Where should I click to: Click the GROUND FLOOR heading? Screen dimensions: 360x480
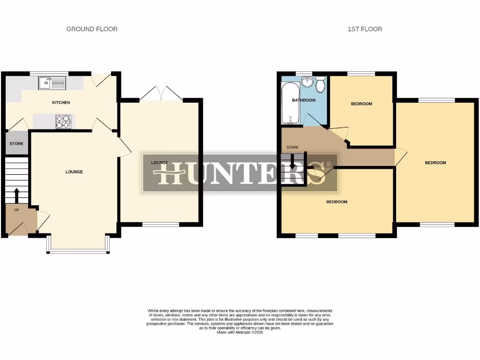click(x=92, y=29)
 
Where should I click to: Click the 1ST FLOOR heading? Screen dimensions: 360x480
click(x=365, y=29)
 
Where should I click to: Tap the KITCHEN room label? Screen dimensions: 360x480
click(x=61, y=103)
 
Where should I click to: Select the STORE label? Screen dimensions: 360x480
click(x=16, y=144)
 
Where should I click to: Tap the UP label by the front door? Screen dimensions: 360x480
click(x=16, y=210)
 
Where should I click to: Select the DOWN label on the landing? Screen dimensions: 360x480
click(x=292, y=148)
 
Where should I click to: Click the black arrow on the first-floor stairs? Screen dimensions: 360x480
click(x=292, y=163)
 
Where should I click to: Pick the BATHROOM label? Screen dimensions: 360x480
click(x=304, y=100)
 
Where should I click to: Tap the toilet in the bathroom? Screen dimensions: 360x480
click(x=321, y=85)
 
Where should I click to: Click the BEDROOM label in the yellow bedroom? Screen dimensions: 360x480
click(x=435, y=163)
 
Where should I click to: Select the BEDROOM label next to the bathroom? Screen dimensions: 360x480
click(x=361, y=104)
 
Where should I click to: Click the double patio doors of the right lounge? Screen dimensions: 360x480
click(x=161, y=94)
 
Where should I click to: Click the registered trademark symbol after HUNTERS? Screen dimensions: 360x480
click(x=329, y=165)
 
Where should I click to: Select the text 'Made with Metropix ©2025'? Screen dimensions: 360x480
click(x=240, y=332)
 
